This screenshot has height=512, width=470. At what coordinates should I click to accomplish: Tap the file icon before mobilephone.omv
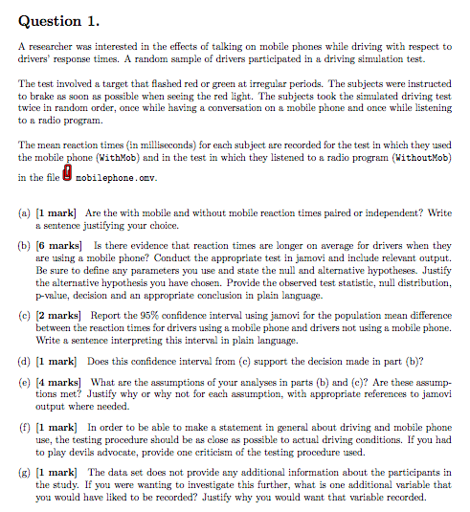[67, 175]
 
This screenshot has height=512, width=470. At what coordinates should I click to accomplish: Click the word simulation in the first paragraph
[403, 55]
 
